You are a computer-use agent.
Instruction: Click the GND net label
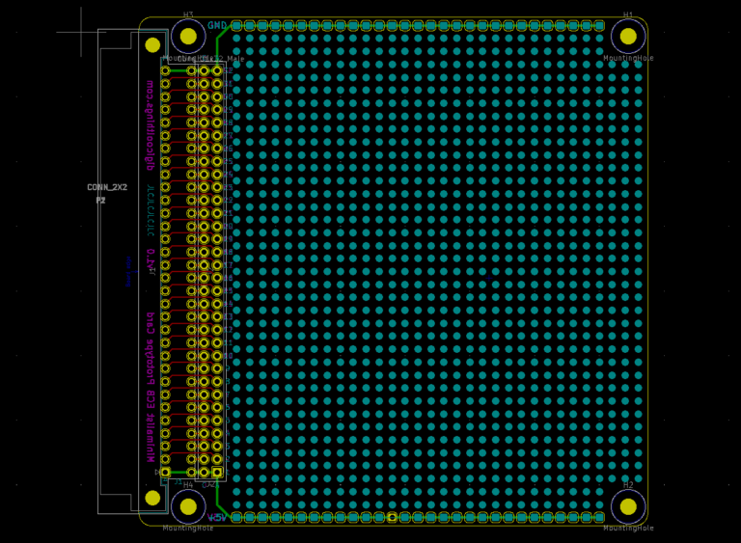(217, 25)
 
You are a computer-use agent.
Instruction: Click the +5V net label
(217, 518)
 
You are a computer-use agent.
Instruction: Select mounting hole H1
(628, 36)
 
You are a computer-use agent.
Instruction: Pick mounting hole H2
(628, 506)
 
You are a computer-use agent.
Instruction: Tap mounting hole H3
(188, 36)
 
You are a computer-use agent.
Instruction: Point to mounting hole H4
(188, 506)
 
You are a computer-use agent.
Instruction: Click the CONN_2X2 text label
(106, 187)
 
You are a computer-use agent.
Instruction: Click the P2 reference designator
(100, 200)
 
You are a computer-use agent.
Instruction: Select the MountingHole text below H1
(628, 58)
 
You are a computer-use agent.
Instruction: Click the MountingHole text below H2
(628, 528)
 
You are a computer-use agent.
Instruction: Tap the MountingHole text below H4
(187, 528)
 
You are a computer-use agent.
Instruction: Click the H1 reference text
(628, 15)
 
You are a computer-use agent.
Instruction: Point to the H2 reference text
(628, 485)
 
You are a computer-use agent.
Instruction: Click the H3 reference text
(188, 15)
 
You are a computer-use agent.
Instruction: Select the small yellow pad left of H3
(152, 44)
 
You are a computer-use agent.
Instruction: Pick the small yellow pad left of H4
(152, 498)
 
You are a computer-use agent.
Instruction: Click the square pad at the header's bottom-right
(217, 473)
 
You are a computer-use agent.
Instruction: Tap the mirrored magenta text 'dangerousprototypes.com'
(150, 125)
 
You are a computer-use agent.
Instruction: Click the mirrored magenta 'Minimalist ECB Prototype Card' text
(150, 387)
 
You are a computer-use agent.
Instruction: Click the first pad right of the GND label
(236, 25)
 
